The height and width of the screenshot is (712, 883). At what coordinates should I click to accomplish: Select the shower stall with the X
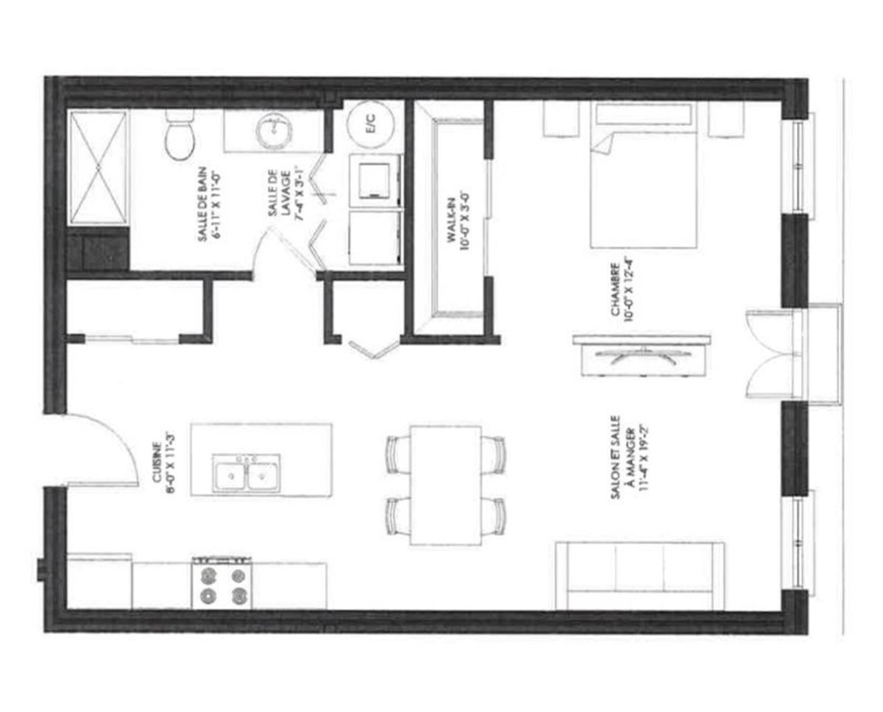tap(99, 167)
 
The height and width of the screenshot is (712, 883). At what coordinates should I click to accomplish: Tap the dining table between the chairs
tap(446, 485)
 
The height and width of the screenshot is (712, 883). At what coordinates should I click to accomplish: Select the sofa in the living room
tap(639, 575)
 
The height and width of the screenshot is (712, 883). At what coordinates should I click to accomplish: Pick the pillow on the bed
tap(642, 116)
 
